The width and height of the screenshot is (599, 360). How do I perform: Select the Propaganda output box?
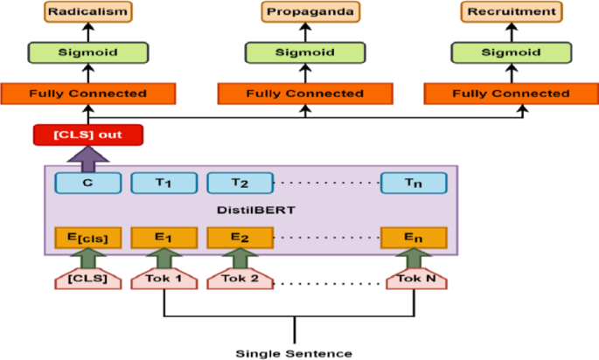[304, 12]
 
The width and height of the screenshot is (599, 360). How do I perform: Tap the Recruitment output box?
[511, 12]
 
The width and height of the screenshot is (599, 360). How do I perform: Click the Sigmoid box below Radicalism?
[87, 52]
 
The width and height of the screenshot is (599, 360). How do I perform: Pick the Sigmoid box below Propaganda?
[304, 52]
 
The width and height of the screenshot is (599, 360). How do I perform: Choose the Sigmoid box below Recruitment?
[511, 52]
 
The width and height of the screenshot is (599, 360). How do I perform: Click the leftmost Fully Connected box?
[87, 93]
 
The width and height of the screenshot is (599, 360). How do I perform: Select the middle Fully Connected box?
[304, 93]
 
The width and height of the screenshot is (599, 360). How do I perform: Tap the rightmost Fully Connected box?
[511, 93]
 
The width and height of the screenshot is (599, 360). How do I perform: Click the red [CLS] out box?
[87, 135]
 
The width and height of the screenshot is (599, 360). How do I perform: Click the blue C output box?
[87, 183]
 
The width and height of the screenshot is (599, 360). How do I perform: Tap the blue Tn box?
[414, 183]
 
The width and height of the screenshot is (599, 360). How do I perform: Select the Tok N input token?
[414, 279]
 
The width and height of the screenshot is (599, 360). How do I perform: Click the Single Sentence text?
[294, 353]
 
